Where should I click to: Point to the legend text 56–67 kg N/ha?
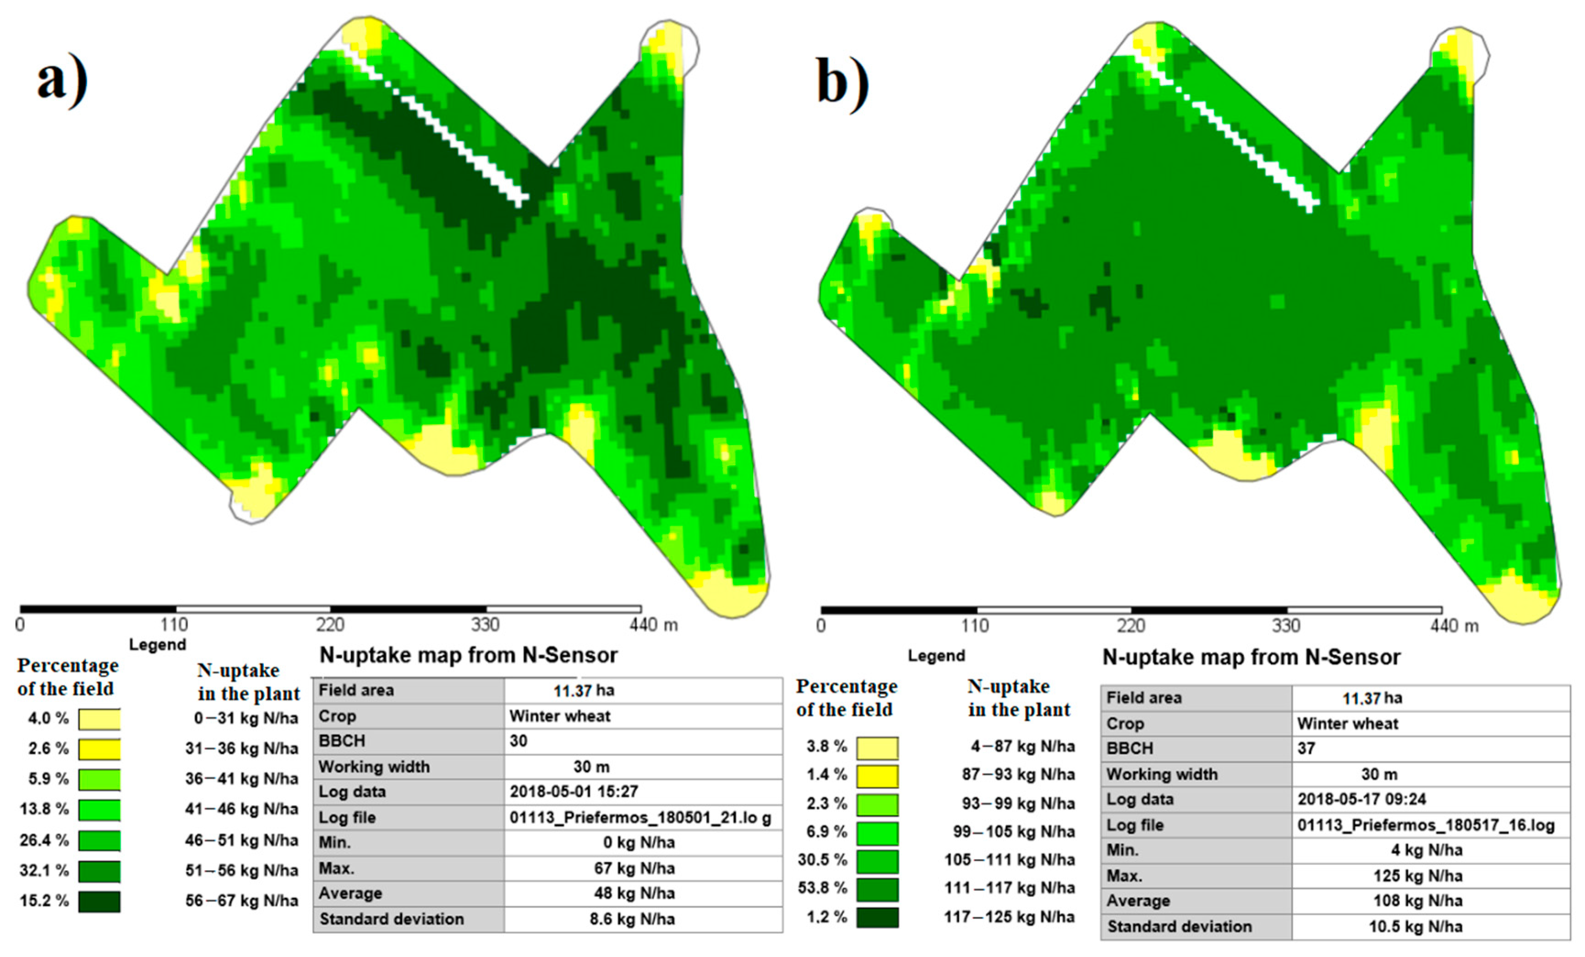point(242,900)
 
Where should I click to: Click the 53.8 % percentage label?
point(823,888)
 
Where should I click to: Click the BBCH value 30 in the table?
point(519,741)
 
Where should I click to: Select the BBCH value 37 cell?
point(1306,749)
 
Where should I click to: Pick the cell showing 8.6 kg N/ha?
point(632,919)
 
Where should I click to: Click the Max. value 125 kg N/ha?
point(1418,876)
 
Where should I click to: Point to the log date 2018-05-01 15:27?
point(574,792)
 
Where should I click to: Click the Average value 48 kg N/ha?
point(634,893)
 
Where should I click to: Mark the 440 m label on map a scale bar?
point(653,625)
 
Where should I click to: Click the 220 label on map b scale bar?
point(1131,626)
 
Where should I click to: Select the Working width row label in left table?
point(374,767)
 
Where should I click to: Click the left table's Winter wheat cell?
point(560,716)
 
